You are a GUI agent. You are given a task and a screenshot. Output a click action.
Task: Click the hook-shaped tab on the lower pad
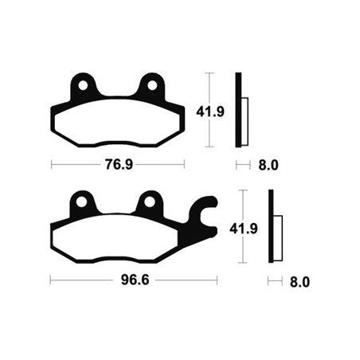point(205,213)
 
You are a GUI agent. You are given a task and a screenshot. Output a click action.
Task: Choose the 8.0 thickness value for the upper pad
point(268,166)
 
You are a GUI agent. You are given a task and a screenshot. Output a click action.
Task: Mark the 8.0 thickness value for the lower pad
point(299,281)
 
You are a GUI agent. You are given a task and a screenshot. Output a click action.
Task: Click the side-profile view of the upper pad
point(240,111)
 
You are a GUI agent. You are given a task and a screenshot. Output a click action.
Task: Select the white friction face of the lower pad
point(119,240)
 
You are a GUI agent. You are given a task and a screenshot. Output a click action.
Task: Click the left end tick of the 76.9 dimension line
point(52,166)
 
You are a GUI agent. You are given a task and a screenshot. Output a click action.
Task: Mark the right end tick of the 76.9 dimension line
point(185,166)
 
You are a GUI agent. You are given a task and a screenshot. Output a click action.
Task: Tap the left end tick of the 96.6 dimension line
point(50,281)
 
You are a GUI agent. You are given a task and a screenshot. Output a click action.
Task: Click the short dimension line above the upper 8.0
point(241,166)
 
